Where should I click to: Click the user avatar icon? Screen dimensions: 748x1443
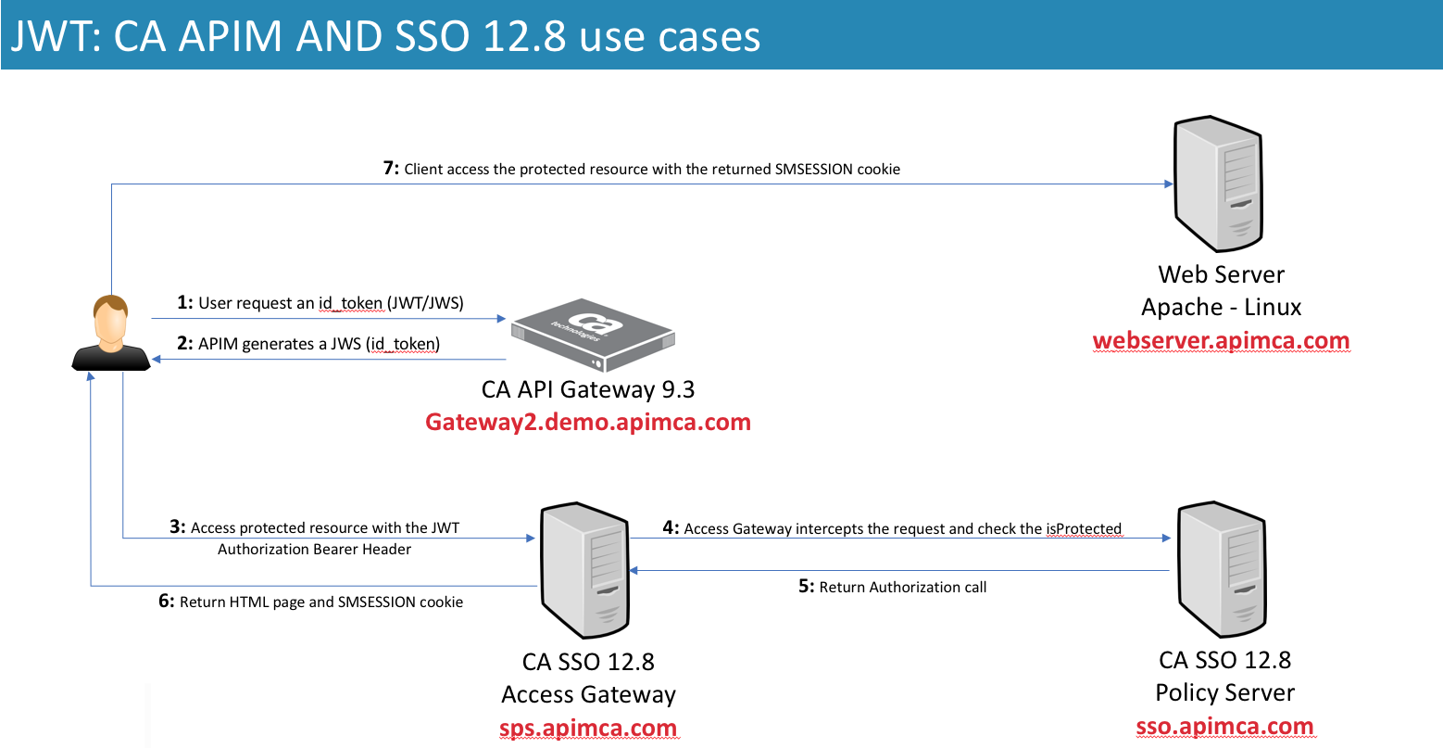pyautogui.click(x=111, y=334)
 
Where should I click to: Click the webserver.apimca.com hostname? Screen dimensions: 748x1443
pyautogui.click(x=1221, y=341)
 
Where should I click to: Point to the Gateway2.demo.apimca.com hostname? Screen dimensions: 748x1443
pyautogui.click(x=588, y=423)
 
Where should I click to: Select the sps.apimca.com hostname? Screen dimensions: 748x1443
pyautogui.click(x=588, y=729)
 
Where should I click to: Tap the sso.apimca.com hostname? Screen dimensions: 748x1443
pyautogui.click(x=1224, y=727)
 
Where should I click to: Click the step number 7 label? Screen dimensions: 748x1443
pyautogui.click(x=391, y=169)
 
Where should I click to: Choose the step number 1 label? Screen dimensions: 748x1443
pyautogui.click(x=184, y=303)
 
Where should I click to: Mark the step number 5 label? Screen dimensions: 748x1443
pyautogui.click(x=806, y=587)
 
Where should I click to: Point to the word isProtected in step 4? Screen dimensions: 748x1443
pyautogui.click(x=1084, y=529)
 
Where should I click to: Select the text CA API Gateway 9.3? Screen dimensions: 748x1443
pyautogui.click(x=588, y=390)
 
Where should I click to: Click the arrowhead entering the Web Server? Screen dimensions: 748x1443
pyautogui.click(x=1168, y=184)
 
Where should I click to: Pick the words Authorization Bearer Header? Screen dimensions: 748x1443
pyautogui.click(x=315, y=550)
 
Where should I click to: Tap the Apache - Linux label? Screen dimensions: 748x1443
pyautogui.click(x=1221, y=308)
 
